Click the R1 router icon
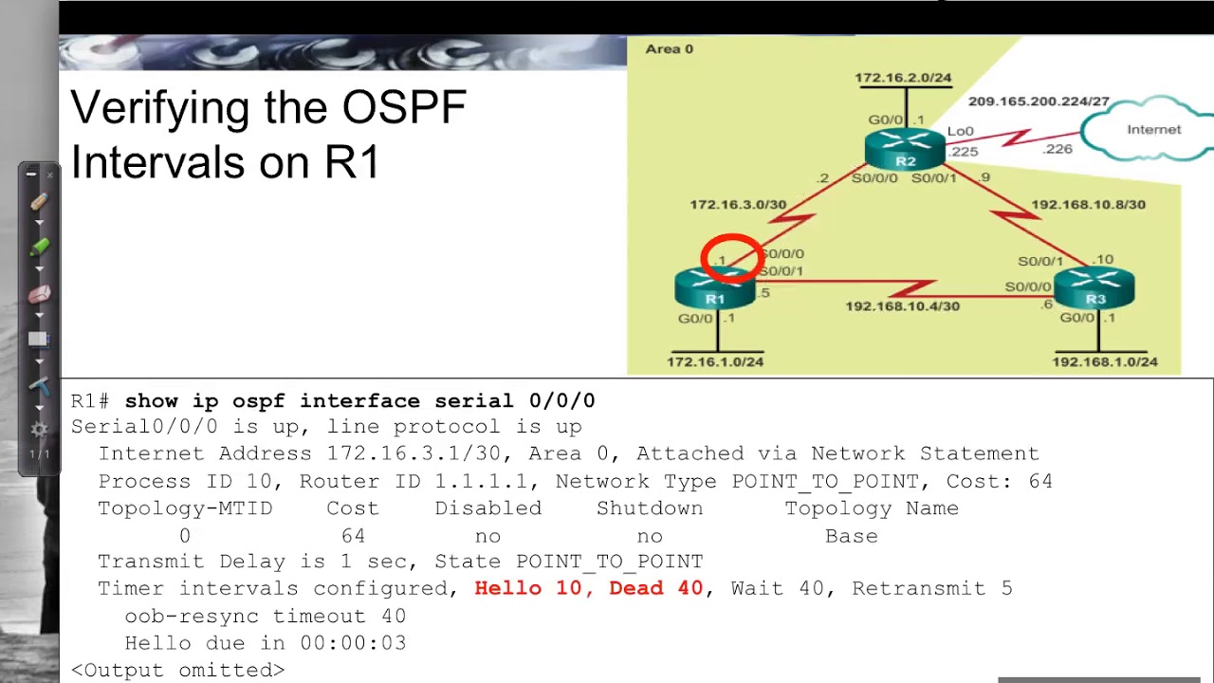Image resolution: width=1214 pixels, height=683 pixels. [714, 288]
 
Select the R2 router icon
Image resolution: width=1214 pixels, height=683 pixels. [905, 150]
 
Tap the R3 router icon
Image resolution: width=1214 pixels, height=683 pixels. [1094, 287]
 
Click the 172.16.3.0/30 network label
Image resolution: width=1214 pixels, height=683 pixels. [738, 204]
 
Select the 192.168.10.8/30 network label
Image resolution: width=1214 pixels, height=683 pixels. [1088, 204]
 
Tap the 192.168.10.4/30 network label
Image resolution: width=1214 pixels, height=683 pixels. [902, 306]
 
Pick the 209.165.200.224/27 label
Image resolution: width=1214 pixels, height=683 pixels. [1039, 102]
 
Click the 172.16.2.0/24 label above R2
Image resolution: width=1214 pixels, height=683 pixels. [903, 78]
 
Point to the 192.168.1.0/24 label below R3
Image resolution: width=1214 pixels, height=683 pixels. [1105, 361]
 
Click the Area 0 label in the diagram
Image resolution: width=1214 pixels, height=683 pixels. [670, 48]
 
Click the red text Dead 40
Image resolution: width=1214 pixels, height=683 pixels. [655, 588]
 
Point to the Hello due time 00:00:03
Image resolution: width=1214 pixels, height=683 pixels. [353, 643]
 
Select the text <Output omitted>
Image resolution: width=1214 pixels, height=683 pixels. [177, 670]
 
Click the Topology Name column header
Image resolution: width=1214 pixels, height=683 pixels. [871, 508]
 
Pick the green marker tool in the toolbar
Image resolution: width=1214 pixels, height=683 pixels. [39, 247]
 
